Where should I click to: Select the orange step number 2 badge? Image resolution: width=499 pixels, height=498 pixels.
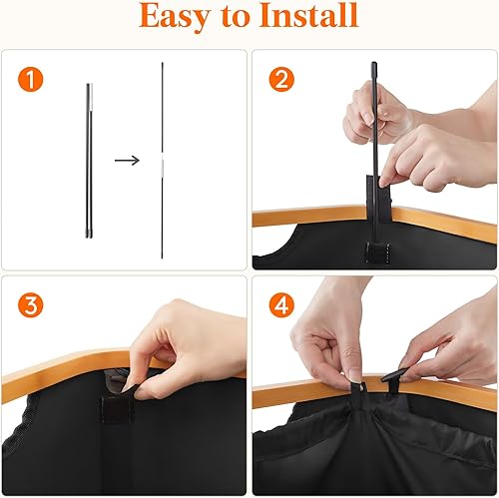[x=281, y=78]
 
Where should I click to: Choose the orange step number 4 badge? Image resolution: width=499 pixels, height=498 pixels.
[x=281, y=304]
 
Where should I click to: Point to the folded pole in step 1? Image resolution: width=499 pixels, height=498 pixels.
[x=89, y=159]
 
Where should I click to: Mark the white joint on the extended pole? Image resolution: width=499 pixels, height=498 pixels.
[x=162, y=159]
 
